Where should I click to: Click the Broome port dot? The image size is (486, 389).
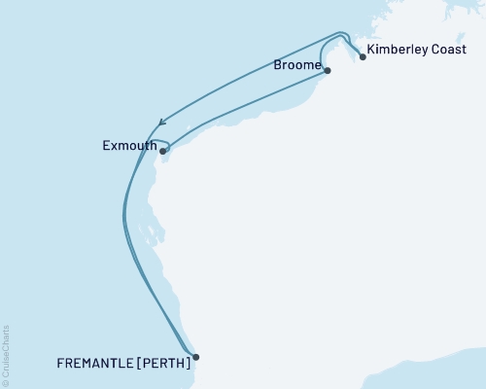(328, 70)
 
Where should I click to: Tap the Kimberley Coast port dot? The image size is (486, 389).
(363, 56)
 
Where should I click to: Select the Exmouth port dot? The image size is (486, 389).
(162, 151)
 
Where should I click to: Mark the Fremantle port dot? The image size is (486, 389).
(195, 357)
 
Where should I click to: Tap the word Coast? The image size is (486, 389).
(450, 50)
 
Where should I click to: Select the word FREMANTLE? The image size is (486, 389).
(94, 364)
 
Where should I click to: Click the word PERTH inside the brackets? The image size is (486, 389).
(162, 364)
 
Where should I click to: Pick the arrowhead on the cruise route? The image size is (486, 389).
(160, 122)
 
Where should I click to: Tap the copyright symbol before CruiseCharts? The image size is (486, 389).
(6, 382)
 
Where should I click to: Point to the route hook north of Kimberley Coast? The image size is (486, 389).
(344, 39)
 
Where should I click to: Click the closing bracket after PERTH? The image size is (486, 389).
(188, 364)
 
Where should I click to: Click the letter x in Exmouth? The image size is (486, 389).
(113, 147)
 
